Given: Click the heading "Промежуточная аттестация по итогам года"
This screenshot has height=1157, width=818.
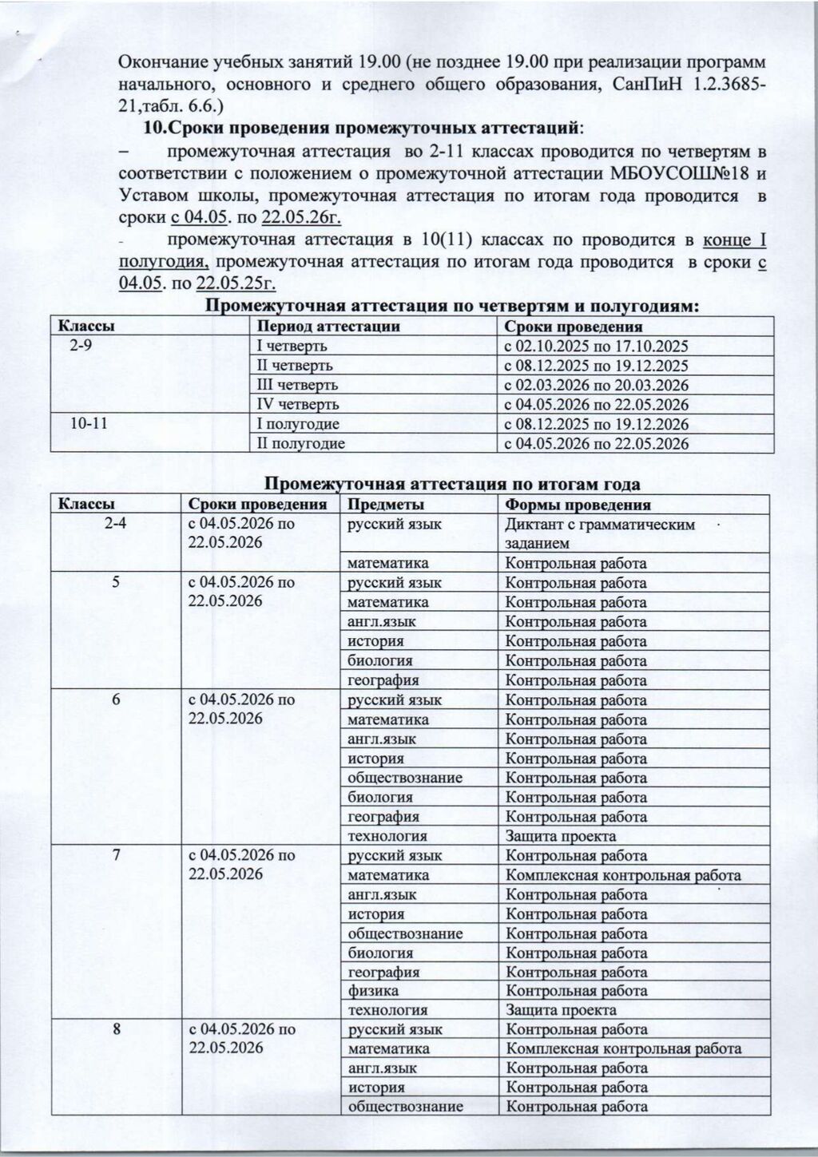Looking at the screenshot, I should click(452, 484).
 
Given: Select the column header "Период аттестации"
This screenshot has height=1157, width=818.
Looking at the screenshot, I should click(327, 327).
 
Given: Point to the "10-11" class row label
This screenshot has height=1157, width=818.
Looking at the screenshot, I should click(89, 424).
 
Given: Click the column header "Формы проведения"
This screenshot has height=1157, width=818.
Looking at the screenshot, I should click(578, 505).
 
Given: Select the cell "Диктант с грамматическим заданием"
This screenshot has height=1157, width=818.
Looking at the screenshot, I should click(600, 533).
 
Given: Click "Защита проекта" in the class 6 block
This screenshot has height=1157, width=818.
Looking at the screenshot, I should click(561, 836).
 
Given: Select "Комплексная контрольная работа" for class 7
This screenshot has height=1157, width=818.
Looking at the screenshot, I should click(624, 875).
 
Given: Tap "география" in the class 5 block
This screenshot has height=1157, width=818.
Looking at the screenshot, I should click(383, 680).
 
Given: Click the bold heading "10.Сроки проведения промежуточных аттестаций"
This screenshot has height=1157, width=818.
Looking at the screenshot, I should click(362, 128).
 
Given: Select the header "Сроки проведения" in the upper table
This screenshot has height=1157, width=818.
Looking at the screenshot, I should click(574, 327).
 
